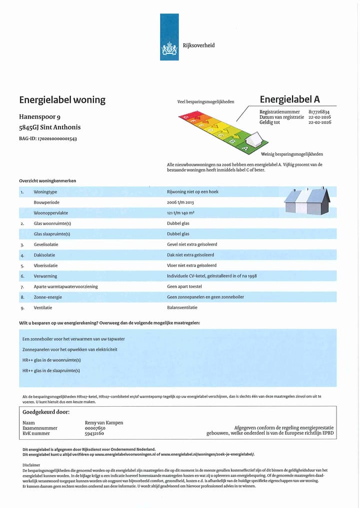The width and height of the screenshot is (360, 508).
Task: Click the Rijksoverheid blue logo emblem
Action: click(x=169, y=37)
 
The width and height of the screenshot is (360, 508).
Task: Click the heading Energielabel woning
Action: click(x=62, y=100)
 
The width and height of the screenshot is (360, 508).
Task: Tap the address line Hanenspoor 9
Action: click(x=40, y=117)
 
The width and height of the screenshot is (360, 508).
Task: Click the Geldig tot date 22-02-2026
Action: click(x=319, y=122)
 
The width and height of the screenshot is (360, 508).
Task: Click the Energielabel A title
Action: click(x=289, y=99)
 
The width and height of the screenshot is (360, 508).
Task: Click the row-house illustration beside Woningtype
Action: click(x=307, y=201)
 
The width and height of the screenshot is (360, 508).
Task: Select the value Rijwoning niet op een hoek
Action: click(x=192, y=192)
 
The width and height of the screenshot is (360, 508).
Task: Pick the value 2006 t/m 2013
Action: click(x=180, y=202)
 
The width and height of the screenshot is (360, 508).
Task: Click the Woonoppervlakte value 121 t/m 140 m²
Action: click(x=180, y=213)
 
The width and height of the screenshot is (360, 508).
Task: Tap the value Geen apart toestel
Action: click(x=184, y=287)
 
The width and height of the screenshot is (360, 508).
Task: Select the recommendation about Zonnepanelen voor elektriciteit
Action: click(x=70, y=350)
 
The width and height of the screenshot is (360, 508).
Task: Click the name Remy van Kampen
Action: click(x=104, y=423)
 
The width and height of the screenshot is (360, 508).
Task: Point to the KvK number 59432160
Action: click(x=94, y=434)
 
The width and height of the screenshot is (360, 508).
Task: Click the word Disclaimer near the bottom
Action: click(x=31, y=465)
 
